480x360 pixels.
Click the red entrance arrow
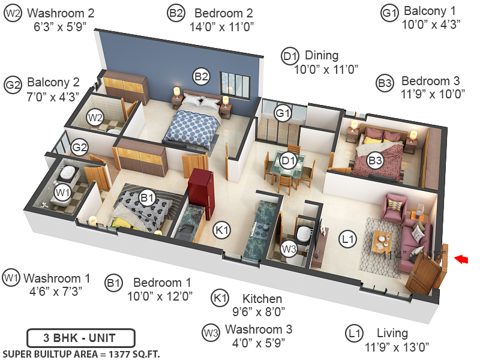click(461, 259)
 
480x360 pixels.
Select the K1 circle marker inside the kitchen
click(223, 229)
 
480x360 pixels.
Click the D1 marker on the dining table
click(289, 161)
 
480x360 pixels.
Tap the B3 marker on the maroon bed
click(376, 160)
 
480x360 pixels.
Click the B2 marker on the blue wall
click(201, 76)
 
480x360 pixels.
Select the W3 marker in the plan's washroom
click(290, 247)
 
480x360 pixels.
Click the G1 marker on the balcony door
click(283, 112)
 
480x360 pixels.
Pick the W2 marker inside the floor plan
click(95, 118)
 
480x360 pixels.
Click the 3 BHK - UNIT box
click(80, 337)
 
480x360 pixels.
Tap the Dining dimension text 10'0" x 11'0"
click(326, 70)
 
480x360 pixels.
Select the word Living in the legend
click(392, 333)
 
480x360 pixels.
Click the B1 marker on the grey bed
click(148, 197)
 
